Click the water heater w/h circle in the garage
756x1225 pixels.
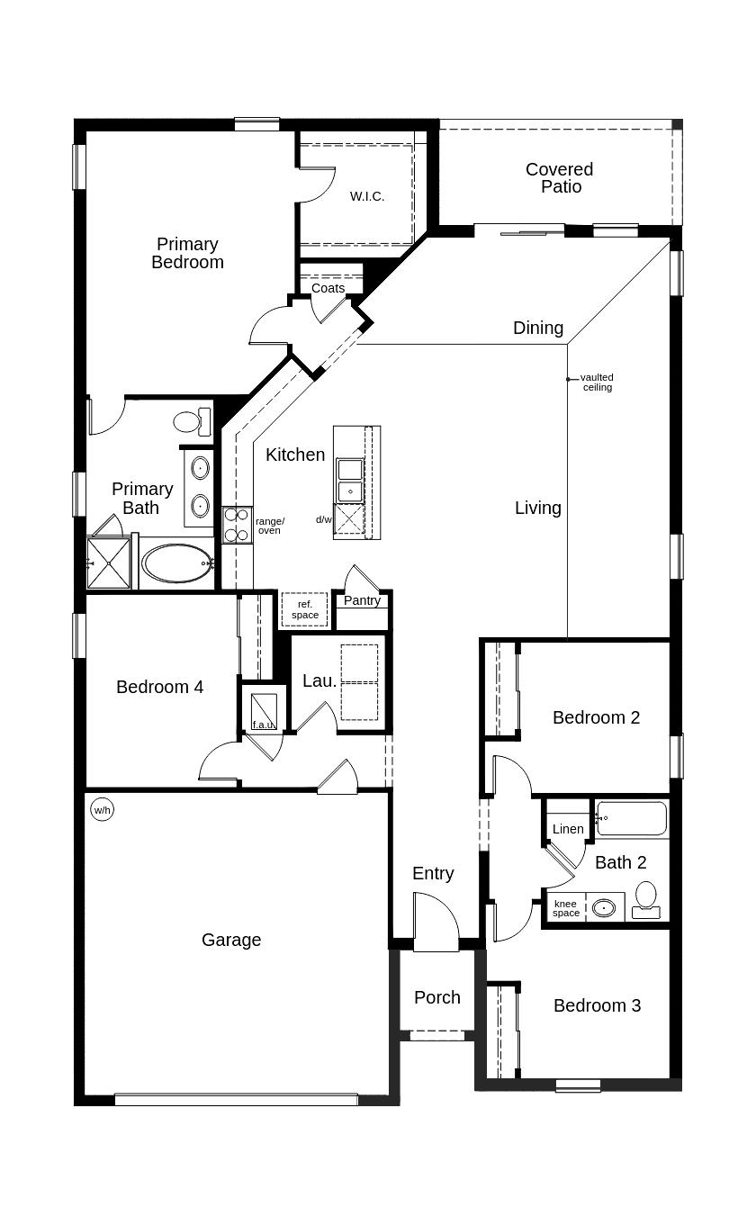[102, 810]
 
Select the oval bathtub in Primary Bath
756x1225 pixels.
[176, 563]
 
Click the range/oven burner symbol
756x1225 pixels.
[238, 525]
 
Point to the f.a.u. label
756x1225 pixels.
[263, 725]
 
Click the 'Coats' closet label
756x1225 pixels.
[328, 288]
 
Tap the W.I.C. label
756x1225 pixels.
[367, 196]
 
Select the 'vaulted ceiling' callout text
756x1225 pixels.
[597, 383]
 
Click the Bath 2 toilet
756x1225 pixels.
[646, 899]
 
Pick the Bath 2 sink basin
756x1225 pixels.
[604, 907]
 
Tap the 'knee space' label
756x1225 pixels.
[565, 908]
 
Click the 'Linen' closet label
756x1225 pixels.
[568, 829]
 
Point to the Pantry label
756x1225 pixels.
[362, 600]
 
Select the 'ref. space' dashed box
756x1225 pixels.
[304, 609]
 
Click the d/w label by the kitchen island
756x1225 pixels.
[323, 519]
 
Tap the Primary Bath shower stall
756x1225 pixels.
[109, 563]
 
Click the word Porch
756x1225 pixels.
[437, 997]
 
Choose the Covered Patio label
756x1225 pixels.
[559, 178]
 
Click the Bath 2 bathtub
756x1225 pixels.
[632, 819]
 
